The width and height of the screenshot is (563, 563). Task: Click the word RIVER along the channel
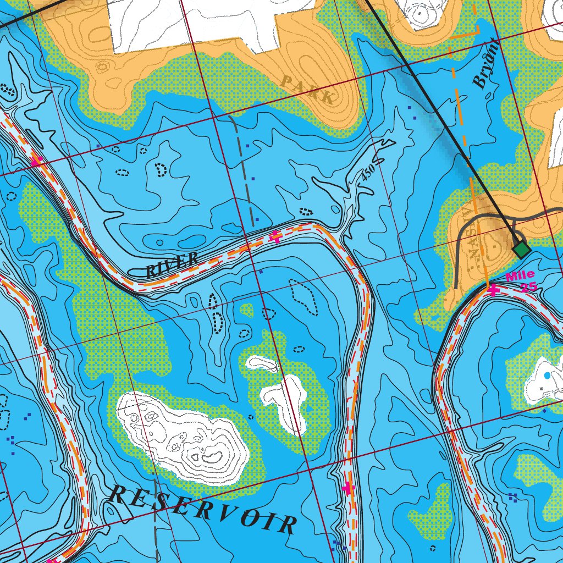(x=172, y=264)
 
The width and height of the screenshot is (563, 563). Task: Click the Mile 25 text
(x=521, y=280)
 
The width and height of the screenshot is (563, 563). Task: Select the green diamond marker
(x=521, y=250)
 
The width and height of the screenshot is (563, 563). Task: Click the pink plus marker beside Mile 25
(x=493, y=290)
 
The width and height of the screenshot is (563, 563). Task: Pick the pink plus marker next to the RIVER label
(x=275, y=238)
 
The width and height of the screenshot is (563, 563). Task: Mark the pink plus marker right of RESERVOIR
(x=347, y=488)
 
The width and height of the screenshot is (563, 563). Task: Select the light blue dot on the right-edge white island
(x=546, y=375)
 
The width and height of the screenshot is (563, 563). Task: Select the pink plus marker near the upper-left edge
(x=36, y=162)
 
